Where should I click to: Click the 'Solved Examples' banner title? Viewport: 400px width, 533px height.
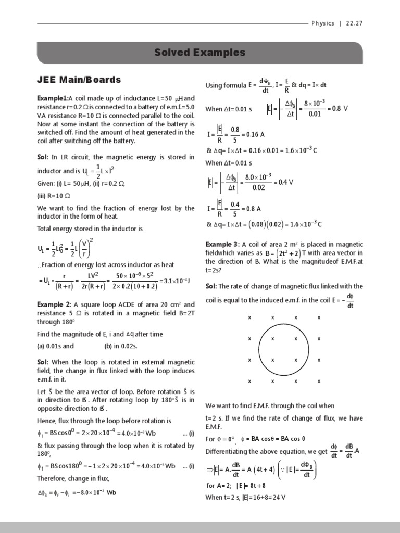coord(199,53)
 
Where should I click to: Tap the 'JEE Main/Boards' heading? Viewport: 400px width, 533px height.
coord(78,80)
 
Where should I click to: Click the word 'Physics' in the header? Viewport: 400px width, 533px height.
coord(323,23)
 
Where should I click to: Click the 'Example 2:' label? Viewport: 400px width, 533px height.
coord(54,304)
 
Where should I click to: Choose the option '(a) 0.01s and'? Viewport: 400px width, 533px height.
coord(55,346)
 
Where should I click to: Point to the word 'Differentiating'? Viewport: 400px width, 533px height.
coord(227,451)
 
